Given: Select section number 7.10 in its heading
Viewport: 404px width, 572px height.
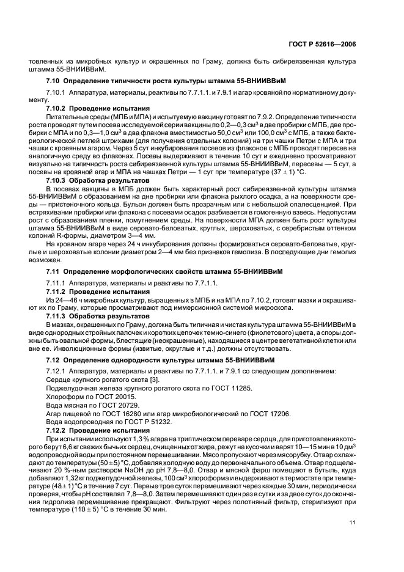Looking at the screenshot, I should click(53, 81).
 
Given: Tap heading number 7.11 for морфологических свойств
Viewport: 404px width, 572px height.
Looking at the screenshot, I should click(53, 270).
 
